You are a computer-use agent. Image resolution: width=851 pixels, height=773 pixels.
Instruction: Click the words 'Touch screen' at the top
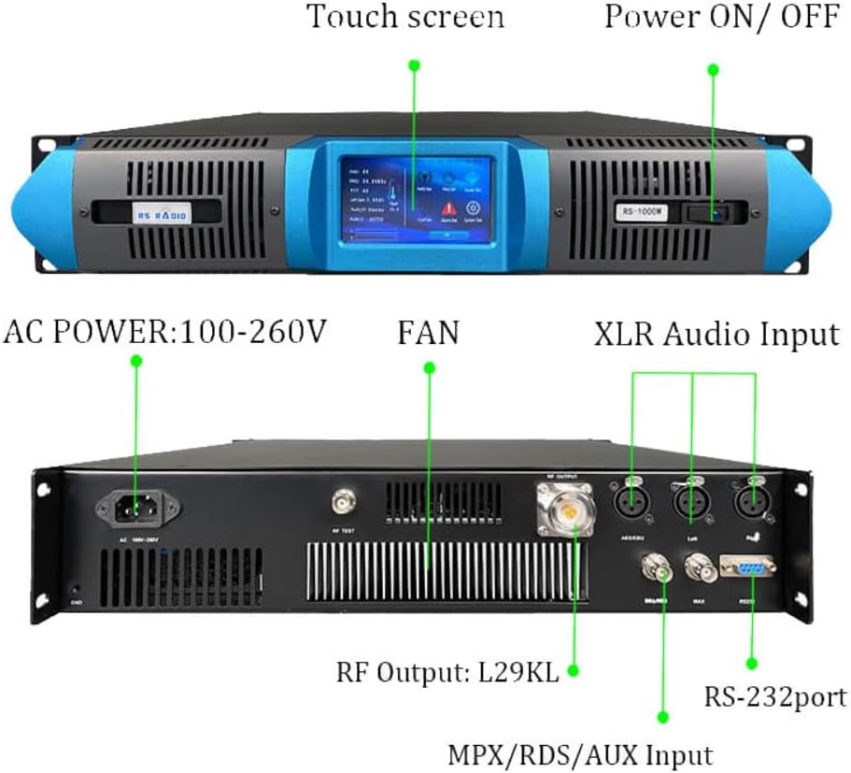[405, 17]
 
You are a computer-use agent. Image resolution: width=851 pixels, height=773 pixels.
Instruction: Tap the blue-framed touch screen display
[415, 199]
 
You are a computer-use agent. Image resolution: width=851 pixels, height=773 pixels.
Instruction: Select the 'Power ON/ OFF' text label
[721, 17]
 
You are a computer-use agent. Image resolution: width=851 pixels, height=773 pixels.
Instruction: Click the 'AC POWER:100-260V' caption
[166, 331]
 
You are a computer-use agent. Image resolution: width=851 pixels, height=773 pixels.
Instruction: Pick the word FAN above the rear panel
[429, 333]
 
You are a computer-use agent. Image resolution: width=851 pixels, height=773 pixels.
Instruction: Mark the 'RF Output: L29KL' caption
[447, 671]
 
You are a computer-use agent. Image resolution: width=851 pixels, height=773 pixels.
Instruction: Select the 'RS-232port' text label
[776, 696]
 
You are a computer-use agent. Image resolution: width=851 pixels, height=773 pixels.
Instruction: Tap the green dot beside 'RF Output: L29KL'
[572, 670]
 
